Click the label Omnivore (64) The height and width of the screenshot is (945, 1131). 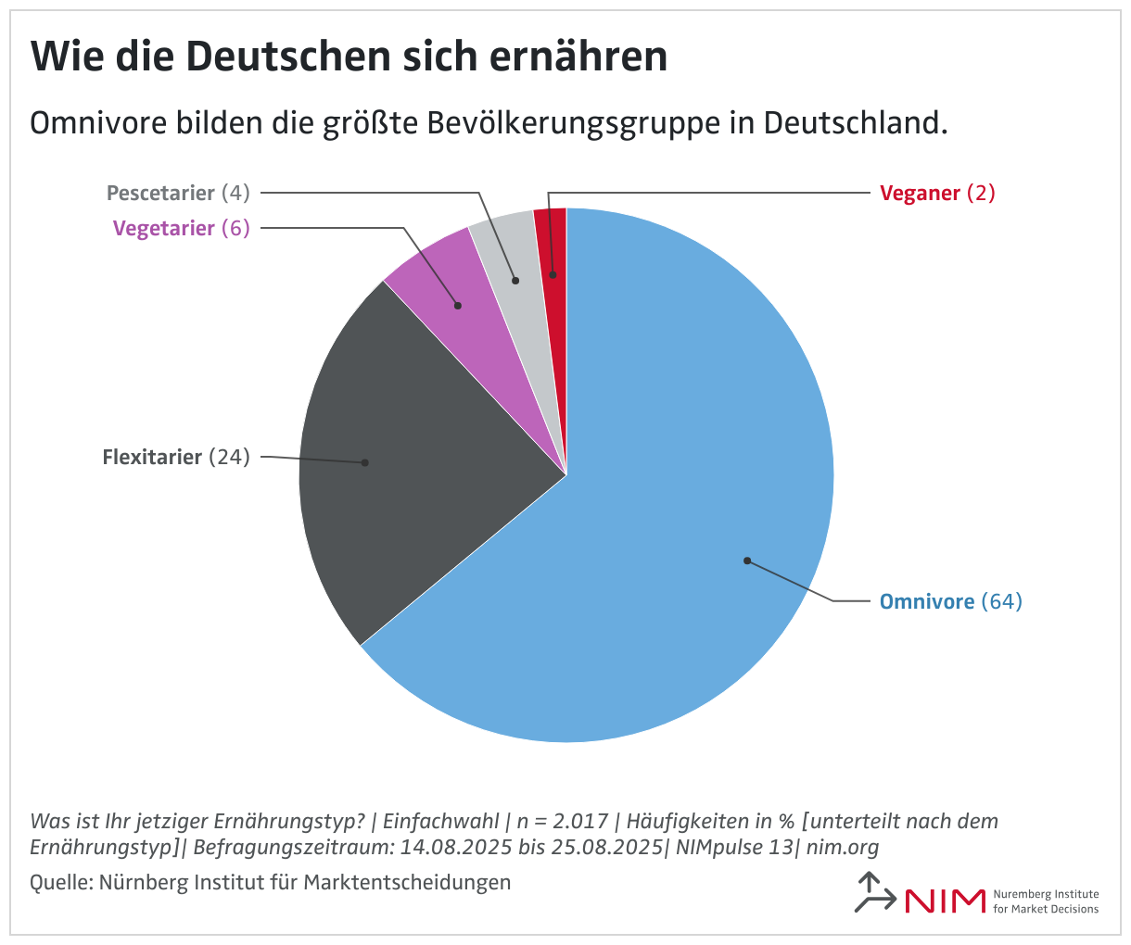(x=950, y=602)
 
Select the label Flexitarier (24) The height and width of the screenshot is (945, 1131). (x=176, y=457)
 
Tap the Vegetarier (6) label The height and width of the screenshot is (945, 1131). (x=182, y=228)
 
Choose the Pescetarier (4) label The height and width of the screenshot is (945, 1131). (x=178, y=193)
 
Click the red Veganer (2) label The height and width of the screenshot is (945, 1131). (x=936, y=193)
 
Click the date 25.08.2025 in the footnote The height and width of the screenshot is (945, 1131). (x=605, y=847)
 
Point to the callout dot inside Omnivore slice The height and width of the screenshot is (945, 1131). (x=746, y=561)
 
